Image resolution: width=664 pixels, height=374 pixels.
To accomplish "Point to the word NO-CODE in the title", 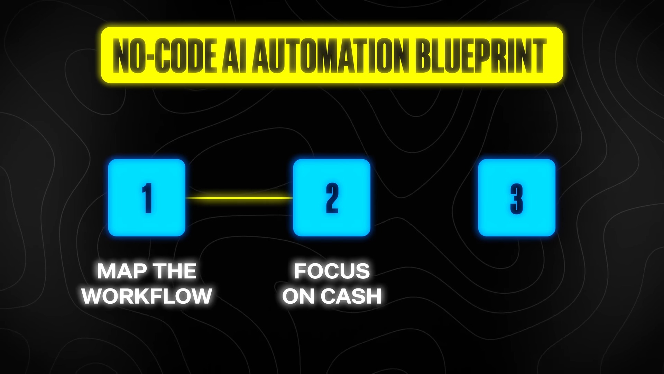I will click(162, 55).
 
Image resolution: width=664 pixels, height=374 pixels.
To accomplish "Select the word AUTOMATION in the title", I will click(329, 55).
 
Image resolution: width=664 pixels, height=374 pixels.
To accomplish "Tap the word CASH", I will click(351, 296).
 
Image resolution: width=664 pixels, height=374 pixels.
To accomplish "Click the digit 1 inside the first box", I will click(147, 198).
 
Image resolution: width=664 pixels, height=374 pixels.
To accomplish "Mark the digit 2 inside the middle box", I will click(332, 198).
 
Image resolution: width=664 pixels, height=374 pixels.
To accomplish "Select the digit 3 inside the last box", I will click(517, 198).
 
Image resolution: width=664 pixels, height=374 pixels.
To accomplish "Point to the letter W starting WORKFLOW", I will click(92, 296).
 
